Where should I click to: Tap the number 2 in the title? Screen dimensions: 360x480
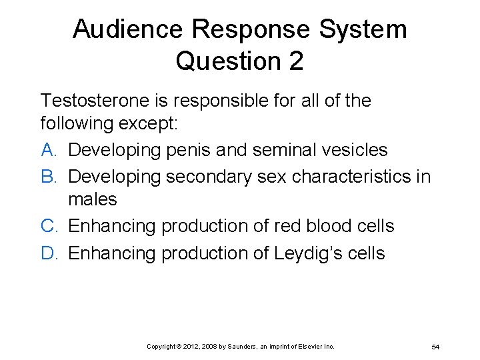tap(295, 61)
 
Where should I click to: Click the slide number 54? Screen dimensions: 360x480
tap(435, 347)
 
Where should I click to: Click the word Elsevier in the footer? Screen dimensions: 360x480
tap(311, 347)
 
